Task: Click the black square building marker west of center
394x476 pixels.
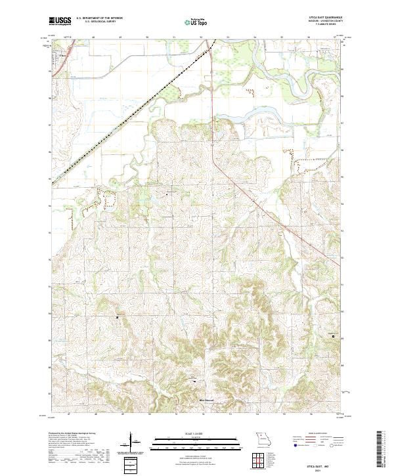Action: [118, 318]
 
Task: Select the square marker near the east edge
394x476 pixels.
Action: [333, 336]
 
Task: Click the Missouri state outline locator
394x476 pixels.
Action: [263, 438]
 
